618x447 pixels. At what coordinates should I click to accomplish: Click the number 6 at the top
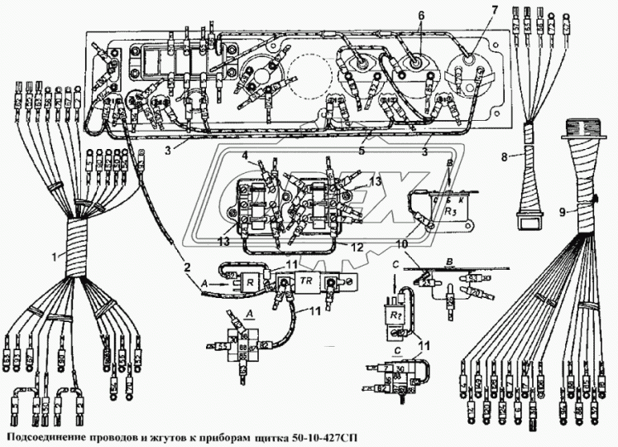click(420, 15)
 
